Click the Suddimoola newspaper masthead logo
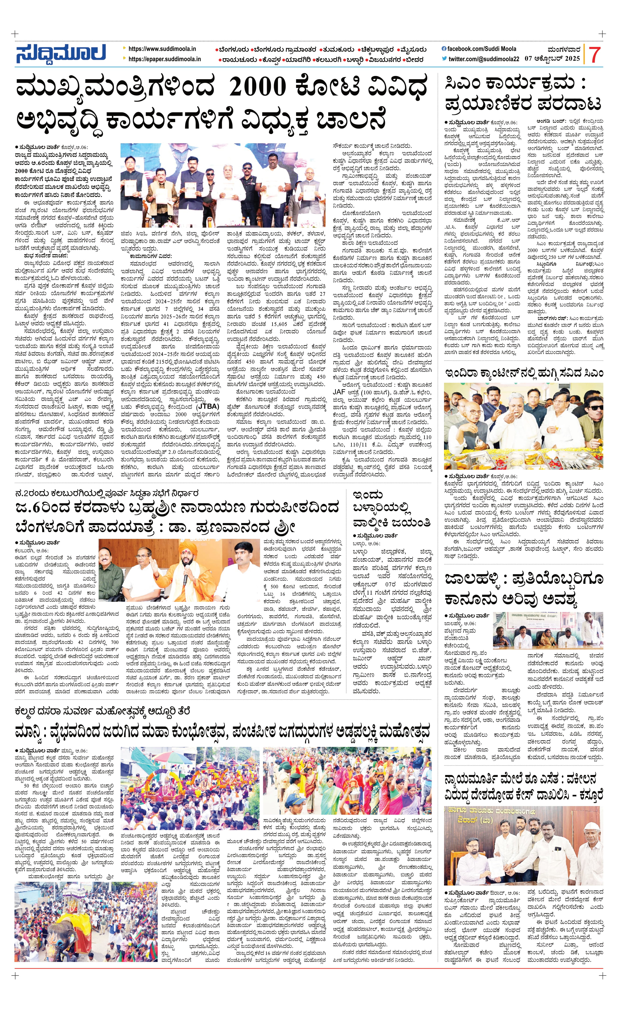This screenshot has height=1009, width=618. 61,53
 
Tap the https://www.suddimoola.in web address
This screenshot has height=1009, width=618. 162,49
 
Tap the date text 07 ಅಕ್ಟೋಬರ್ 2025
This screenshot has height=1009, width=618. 552,58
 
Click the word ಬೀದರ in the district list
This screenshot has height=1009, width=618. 414,60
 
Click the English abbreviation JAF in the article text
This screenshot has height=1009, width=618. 339,392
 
